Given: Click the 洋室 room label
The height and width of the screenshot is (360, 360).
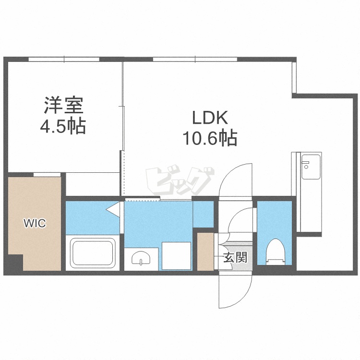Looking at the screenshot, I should (64, 105).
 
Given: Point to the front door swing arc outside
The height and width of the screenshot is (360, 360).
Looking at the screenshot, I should (235, 293).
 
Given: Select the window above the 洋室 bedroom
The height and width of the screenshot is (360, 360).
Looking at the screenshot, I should (64, 60).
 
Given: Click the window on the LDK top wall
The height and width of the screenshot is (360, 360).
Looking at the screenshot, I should (195, 60).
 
